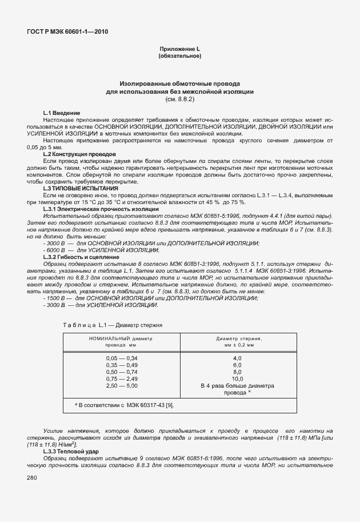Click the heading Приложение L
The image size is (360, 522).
tap(179, 50)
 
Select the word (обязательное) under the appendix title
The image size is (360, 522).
tap(179, 57)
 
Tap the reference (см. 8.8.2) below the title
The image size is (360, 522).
tap(179, 99)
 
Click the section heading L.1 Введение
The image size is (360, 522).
tap(62, 113)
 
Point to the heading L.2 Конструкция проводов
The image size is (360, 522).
tap(79, 154)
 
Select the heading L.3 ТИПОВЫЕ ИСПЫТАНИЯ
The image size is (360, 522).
tap(81, 188)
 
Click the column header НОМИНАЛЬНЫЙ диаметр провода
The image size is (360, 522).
tap(121, 341)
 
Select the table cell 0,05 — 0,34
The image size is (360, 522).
tap(122, 358)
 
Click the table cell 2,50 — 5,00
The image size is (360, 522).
tap(122, 385)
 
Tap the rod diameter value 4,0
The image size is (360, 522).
tap(237, 358)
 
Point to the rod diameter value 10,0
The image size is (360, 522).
tap(237, 378)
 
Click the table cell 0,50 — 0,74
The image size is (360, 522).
tap(122, 372)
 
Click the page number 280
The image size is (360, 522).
tap(31, 478)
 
